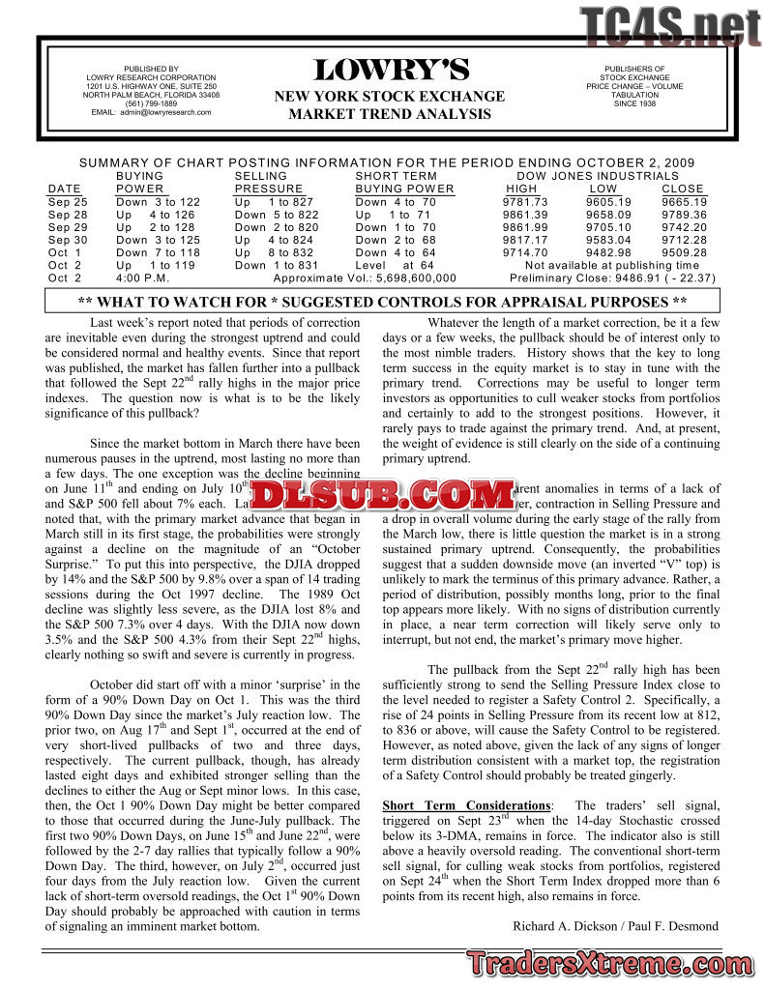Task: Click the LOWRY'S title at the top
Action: pos(390,71)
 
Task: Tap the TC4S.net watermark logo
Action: pos(669,26)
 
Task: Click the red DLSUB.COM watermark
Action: pos(383,496)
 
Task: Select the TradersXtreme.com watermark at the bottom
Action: pos(613,964)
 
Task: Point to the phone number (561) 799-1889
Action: pos(151,103)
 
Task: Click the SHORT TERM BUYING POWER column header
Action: pos(404,183)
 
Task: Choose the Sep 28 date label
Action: pos(67,215)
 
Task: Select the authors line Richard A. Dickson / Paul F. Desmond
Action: pos(615,926)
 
